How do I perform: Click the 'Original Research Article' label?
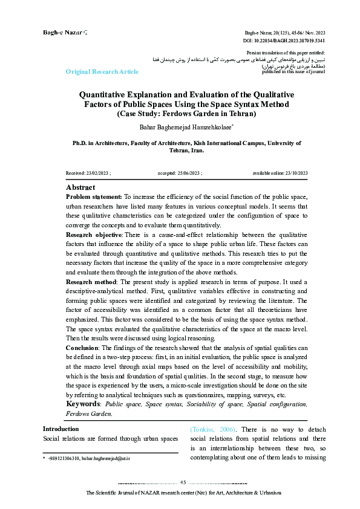coord(102,72)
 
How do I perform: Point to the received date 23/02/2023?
coord(88,173)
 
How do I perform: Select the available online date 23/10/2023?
coord(280,173)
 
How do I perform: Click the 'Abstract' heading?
coord(80,188)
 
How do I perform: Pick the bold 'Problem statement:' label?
coord(93,197)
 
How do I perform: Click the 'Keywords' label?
coord(82,404)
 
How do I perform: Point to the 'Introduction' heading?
coord(61,429)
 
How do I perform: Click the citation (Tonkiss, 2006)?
coord(212,429)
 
